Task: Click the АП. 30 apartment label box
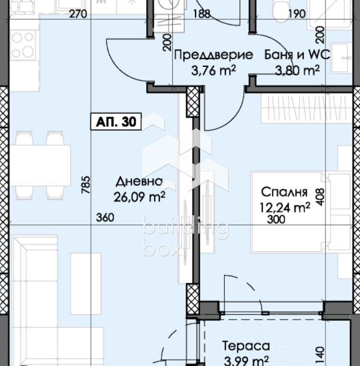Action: (x=116, y=122)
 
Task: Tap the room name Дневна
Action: (x=139, y=181)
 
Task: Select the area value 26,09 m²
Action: (x=139, y=197)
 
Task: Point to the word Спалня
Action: (x=284, y=192)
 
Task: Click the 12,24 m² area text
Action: (x=285, y=207)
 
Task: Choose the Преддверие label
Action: (x=214, y=55)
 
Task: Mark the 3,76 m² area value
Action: (x=214, y=70)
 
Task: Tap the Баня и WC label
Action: (x=297, y=55)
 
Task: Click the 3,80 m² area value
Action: (x=297, y=70)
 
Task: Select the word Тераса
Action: (x=246, y=345)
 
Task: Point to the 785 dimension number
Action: (x=86, y=185)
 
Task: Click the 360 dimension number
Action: (x=105, y=218)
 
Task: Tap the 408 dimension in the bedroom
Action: (x=320, y=197)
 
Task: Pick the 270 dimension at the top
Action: (x=78, y=14)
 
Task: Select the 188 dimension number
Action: (x=202, y=14)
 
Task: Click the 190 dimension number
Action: (x=297, y=14)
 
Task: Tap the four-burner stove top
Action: (x=23, y=45)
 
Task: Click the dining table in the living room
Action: (x=40, y=166)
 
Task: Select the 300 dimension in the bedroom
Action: (x=276, y=220)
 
